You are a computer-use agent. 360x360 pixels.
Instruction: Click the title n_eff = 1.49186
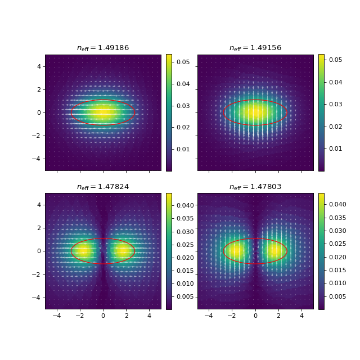[x=103, y=48]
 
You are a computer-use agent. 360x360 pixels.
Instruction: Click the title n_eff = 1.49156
[x=255, y=48]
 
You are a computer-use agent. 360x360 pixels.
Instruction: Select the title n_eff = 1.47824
[x=103, y=187]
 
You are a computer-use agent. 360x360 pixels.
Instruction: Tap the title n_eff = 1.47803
[x=255, y=187]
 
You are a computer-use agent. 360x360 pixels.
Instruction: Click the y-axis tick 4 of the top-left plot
[x=39, y=66]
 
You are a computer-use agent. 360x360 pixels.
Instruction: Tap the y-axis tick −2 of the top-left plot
[x=38, y=136]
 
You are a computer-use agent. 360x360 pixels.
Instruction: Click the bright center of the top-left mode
[x=103, y=112]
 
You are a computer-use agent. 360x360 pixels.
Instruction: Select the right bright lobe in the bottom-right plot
[x=274, y=251]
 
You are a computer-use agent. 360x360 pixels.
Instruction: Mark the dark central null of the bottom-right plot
[x=255, y=251]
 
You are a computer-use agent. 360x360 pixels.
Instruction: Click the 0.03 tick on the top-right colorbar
[x=335, y=104]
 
